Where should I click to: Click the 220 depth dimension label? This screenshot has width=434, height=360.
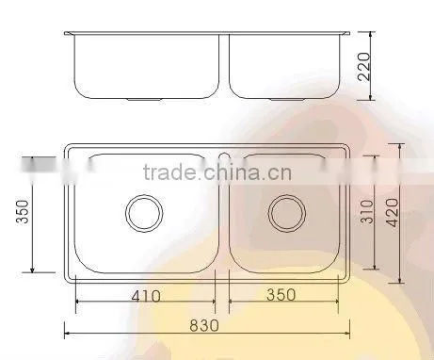point(364,67)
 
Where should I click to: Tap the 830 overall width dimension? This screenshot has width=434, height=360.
point(204,325)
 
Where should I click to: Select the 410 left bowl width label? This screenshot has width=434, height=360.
point(146,296)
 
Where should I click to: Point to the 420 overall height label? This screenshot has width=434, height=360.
point(393,212)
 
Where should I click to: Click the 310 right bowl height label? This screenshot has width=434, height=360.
point(367,211)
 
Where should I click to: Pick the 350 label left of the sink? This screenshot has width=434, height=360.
point(23,211)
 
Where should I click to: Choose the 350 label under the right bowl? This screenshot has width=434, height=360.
point(281,295)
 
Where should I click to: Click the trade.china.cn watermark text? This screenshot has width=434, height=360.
point(217,172)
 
